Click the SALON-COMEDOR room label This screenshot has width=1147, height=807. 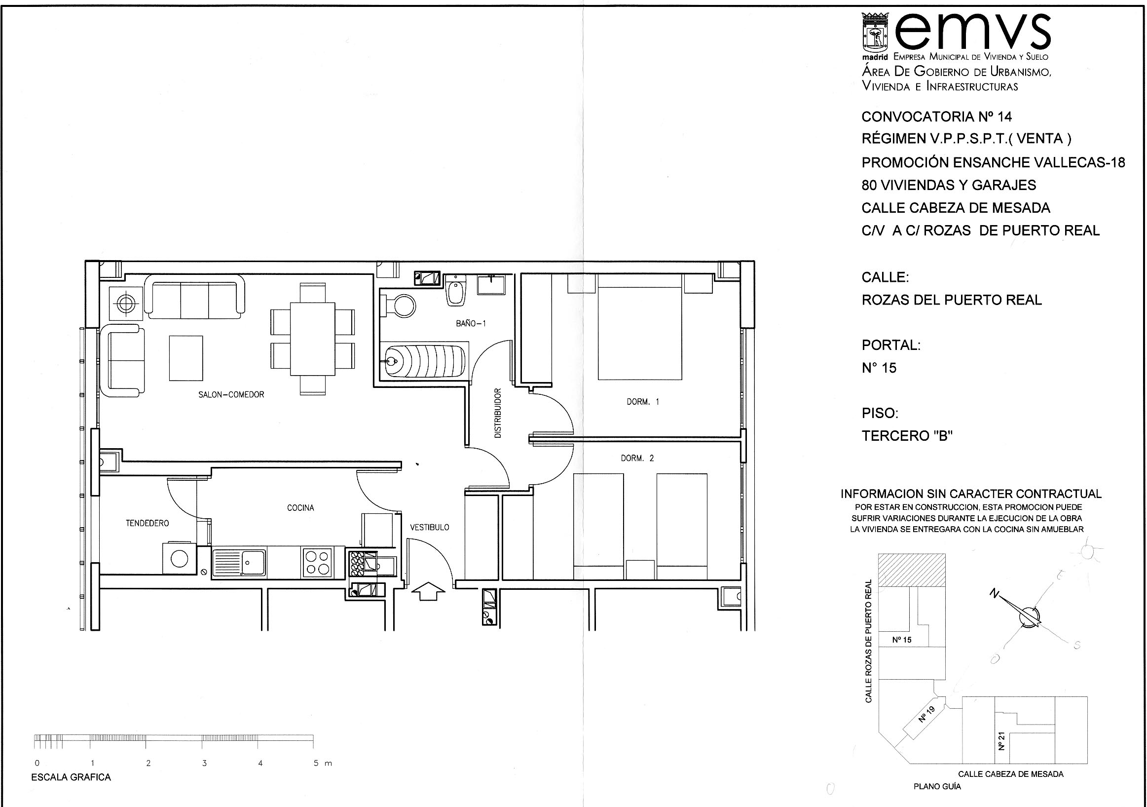(x=231, y=394)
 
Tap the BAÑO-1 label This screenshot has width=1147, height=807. (x=471, y=323)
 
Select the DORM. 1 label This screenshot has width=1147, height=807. (x=643, y=401)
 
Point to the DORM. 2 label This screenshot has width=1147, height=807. (x=637, y=458)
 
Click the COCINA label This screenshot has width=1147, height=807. (x=300, y=508)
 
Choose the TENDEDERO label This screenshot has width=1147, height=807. (x=147, y=523)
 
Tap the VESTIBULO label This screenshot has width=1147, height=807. (x=430, y=527)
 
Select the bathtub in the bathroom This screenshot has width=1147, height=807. (x=426, y=360)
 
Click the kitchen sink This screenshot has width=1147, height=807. (x=239, y=563)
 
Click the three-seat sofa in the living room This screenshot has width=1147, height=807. (x=194, y=298)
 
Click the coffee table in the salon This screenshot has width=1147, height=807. (x=186, y=358)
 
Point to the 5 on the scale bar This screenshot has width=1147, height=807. (x=316, y=763)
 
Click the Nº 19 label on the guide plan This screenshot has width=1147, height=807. (x=925, y=714)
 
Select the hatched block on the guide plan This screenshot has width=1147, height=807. (x=912, y=570)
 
